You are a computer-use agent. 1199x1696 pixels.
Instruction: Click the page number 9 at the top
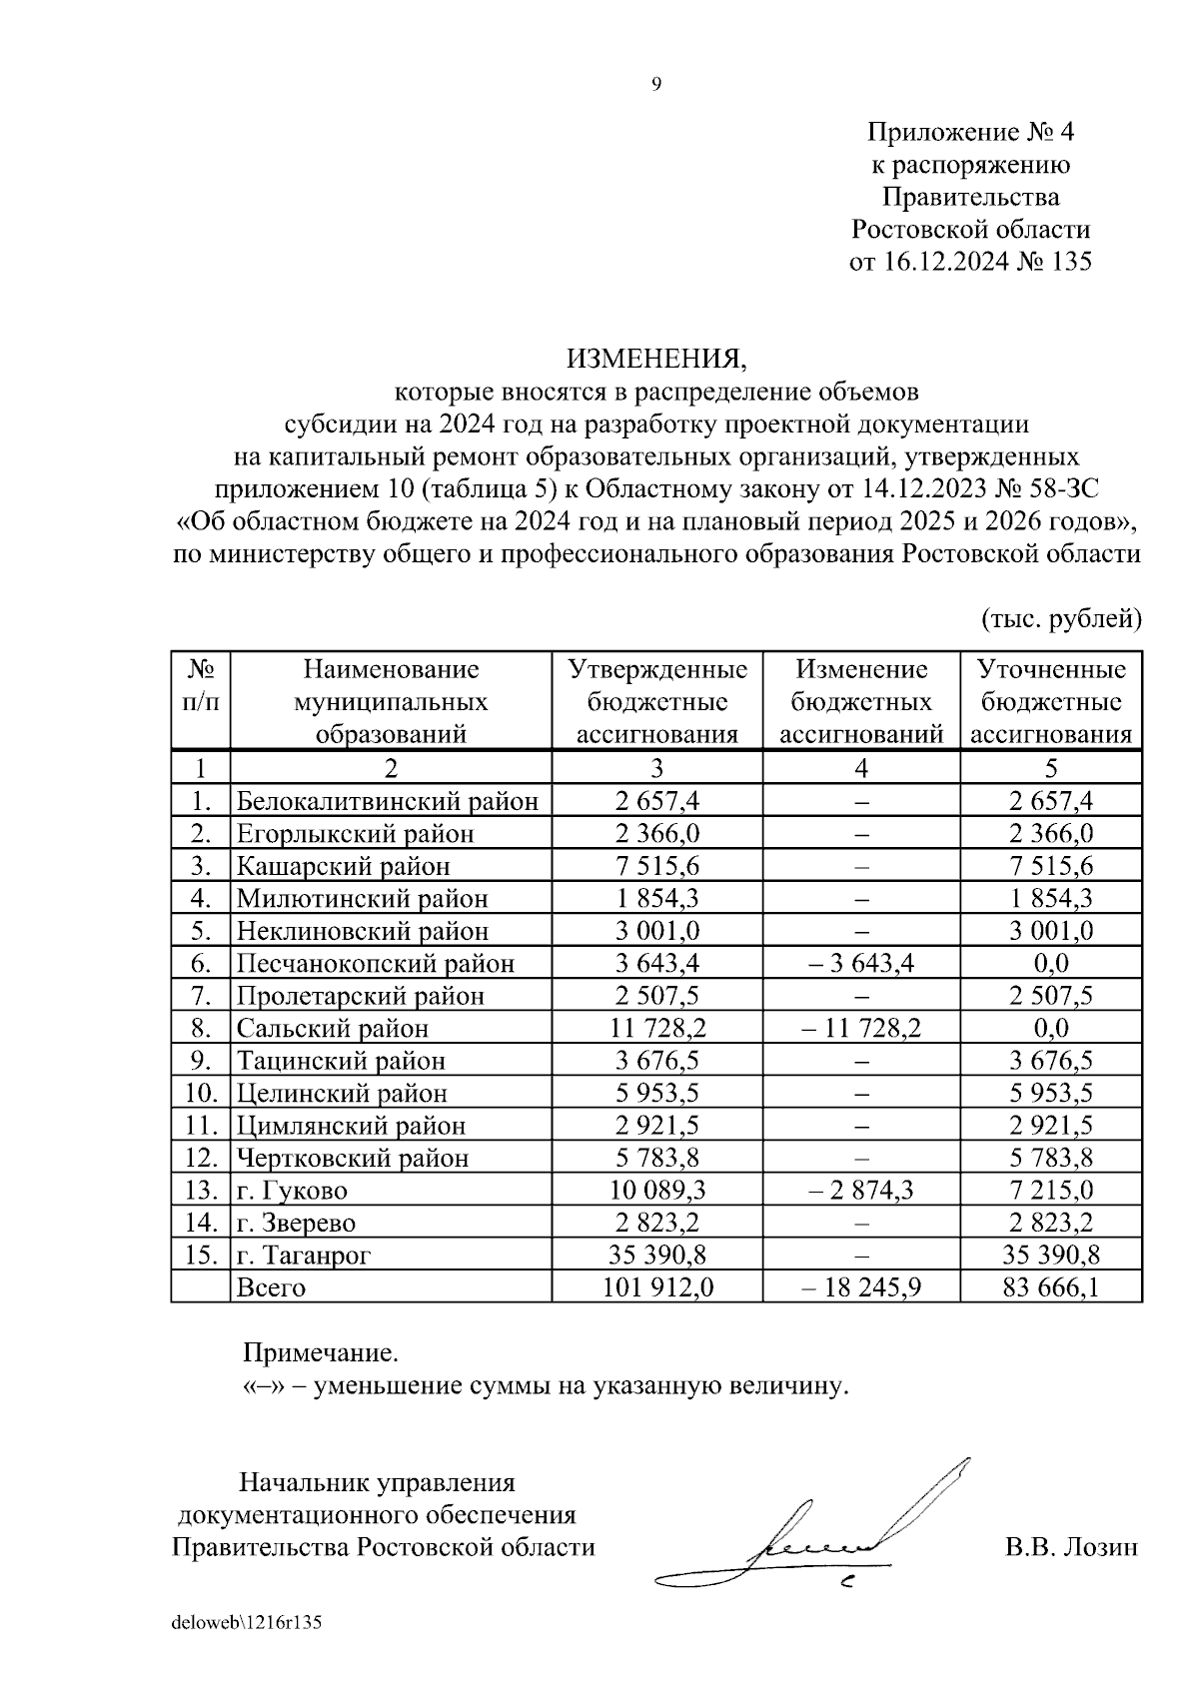pyautogui.click(x=656, y=85)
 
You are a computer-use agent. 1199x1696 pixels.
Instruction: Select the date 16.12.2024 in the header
pyautogui.click(x=946, y=262)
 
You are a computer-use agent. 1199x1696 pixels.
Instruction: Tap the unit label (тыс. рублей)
pyautogui.click(x=1062, y=618)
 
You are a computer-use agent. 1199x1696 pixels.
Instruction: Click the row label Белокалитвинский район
pyautogui.click(x=388, y=801)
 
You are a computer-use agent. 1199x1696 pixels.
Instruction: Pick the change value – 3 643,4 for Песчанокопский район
pyautogui.click(x=860, y=963)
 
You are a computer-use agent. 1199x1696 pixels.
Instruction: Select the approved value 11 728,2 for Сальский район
pyautogui.click(x=656, y=1028)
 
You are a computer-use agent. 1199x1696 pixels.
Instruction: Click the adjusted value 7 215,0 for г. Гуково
pyautogui.click(x=1051, y=1191)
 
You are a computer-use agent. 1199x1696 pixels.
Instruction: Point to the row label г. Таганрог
pyautogui.click(x=303, y=1256)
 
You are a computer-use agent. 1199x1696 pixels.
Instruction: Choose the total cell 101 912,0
pyautogui.click(x=657, y=1287)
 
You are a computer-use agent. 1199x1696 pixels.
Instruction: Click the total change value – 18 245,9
pyautogui.click(x=860, y=1287)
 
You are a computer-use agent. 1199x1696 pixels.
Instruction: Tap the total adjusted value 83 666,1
pyautogui.click(x=1051, y=1287)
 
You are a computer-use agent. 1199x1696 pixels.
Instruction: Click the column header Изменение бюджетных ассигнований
pyautogui.click(x=861, y=701)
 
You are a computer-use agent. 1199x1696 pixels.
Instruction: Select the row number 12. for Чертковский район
pyautogui.click(x=201, y=1159)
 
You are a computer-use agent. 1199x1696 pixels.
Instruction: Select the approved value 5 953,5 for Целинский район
pyautogui.click(x=656, y=1093)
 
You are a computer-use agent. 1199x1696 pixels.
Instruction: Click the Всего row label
pyautogui.click(x=271, y=1287)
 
